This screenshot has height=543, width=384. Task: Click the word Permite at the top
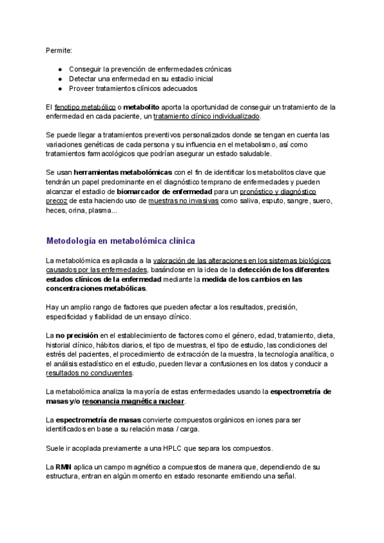[59, 50]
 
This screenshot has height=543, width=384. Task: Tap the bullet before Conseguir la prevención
[60, 69]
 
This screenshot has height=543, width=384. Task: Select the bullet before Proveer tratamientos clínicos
[60, 88]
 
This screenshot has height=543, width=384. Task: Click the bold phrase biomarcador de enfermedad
[165, 191]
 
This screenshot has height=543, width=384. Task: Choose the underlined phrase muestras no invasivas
[183, 201]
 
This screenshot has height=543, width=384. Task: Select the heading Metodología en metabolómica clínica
[120, 241]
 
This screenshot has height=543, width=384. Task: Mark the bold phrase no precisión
[76, 335]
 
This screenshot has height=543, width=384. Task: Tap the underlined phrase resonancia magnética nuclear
[133, 401]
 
